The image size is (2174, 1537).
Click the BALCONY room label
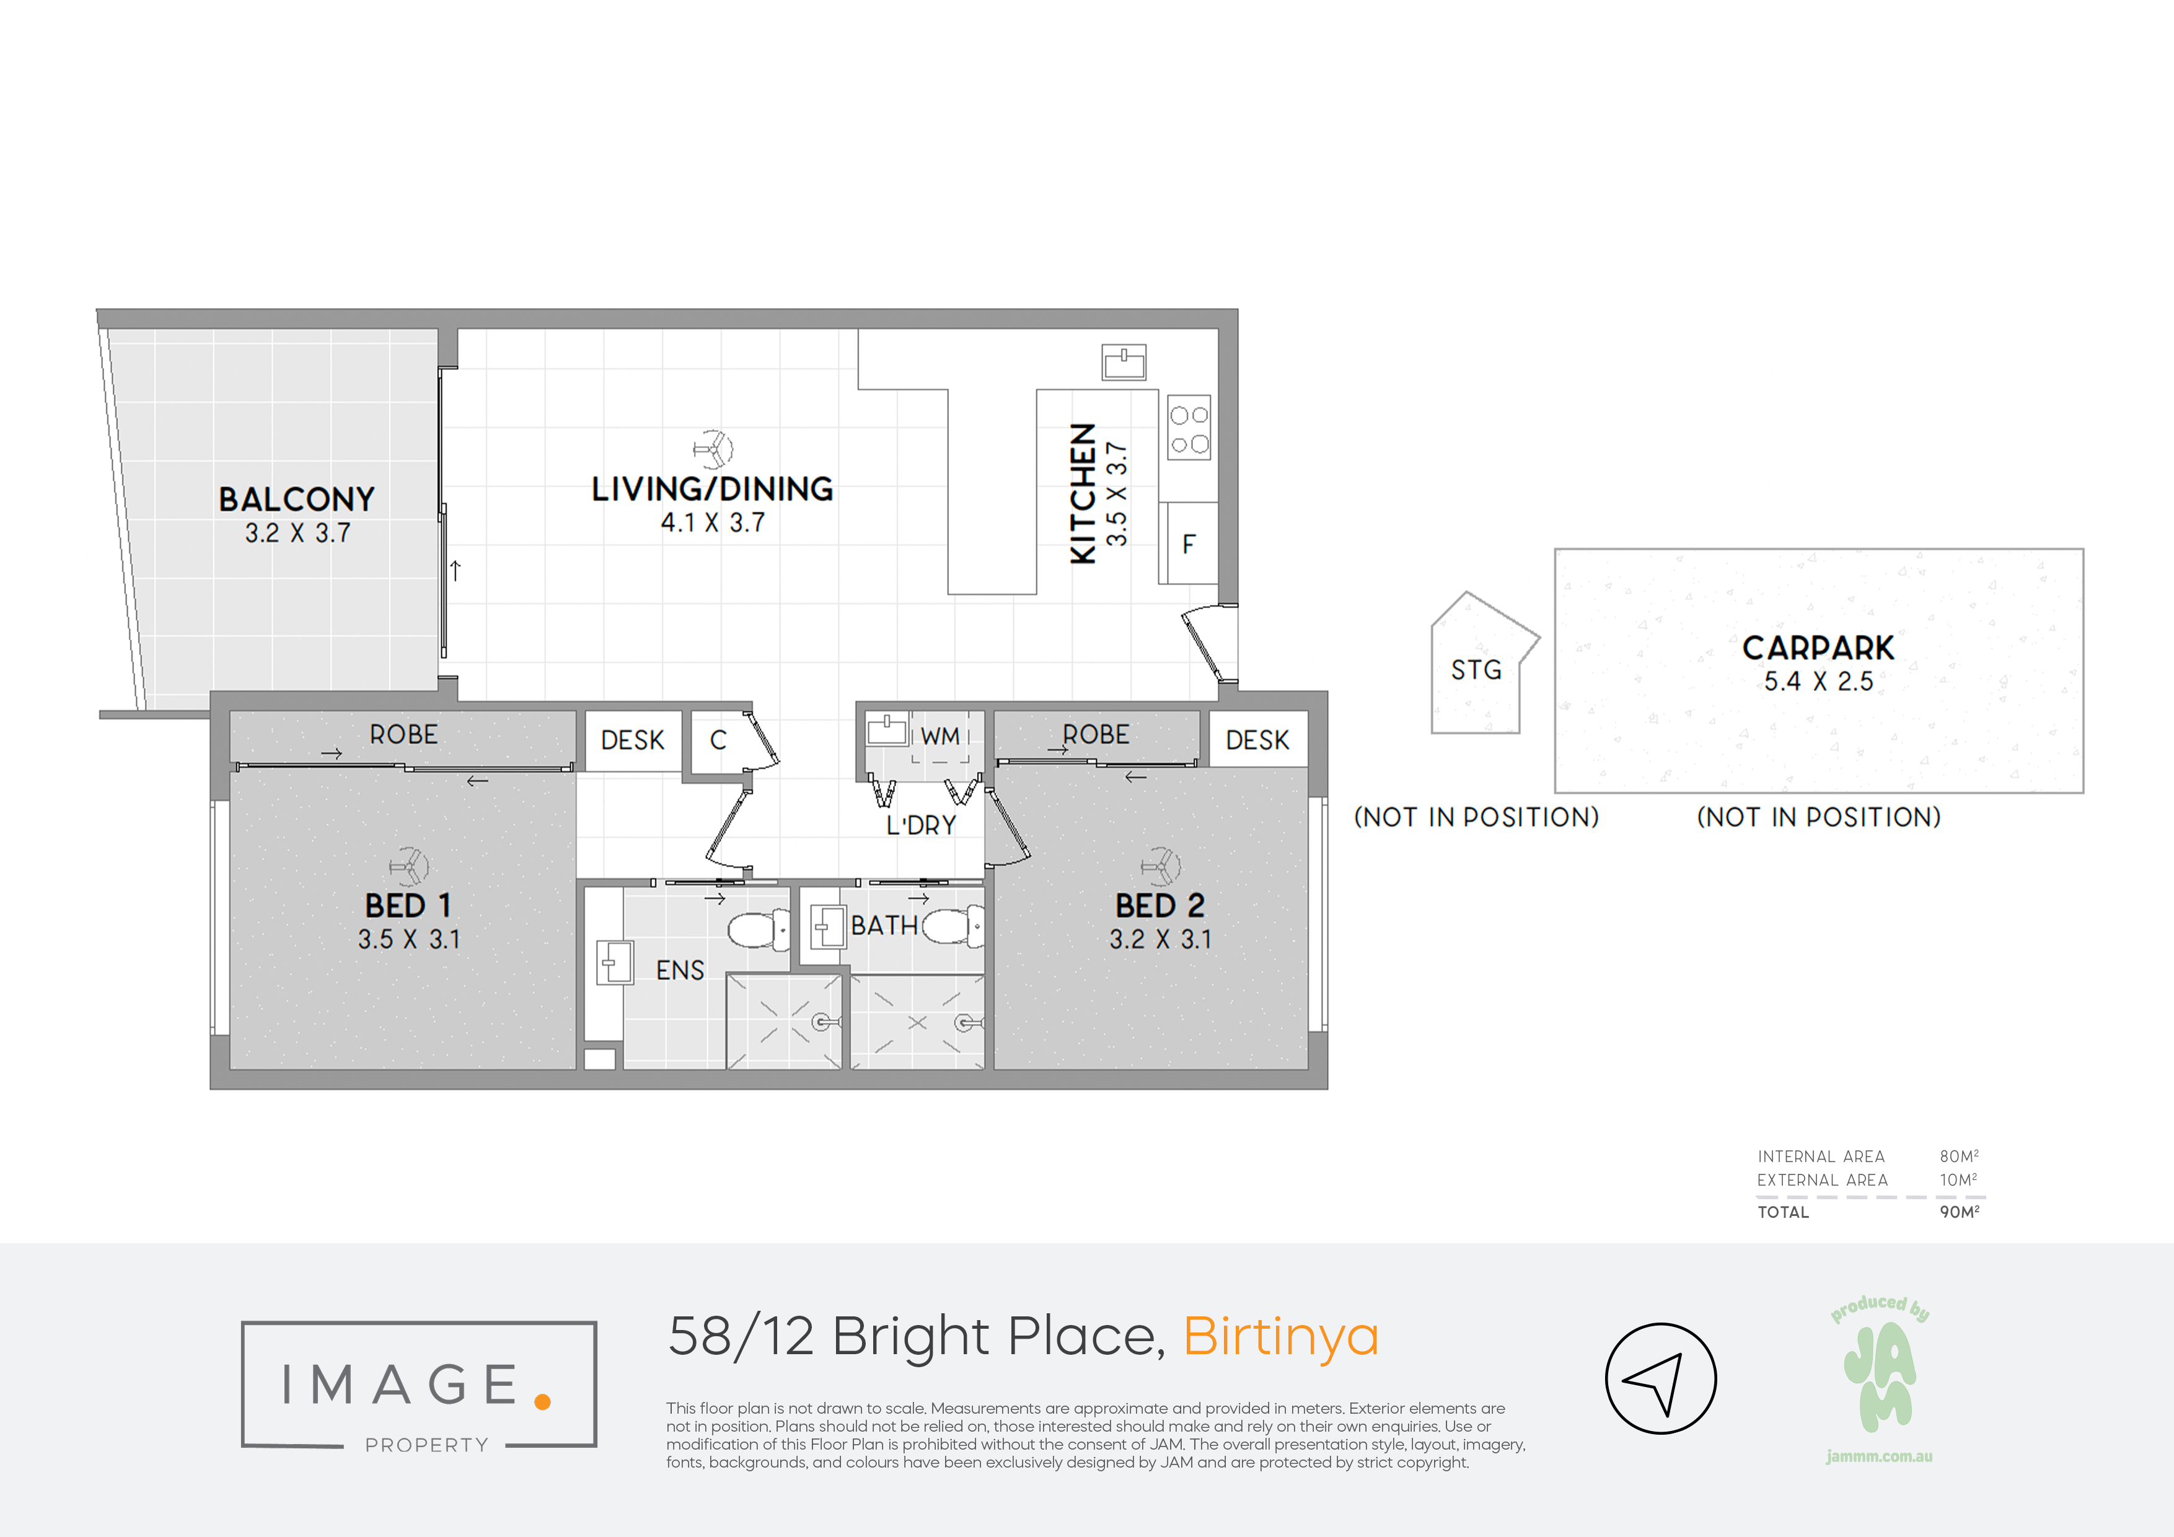(296, 499)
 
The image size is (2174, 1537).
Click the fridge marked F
(1188, 544)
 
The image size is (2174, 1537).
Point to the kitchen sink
(1124, 362)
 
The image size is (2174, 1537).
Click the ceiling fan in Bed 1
(409, 866)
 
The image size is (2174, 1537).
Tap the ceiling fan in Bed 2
(1161, 866)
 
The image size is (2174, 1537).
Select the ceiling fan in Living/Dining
(713, 449)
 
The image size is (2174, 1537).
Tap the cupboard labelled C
(718, 739)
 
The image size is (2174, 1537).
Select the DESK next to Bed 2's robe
(1257, 739)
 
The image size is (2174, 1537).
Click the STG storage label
(1476, 669)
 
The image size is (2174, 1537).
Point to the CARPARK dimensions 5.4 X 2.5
(1818, 681)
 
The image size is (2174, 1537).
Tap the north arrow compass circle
(1661, 1378)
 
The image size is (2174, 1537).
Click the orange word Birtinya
(1280, 1338)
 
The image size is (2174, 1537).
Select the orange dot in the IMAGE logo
(542, 1401)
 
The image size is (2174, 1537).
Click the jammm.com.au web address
(1880, 1456)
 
